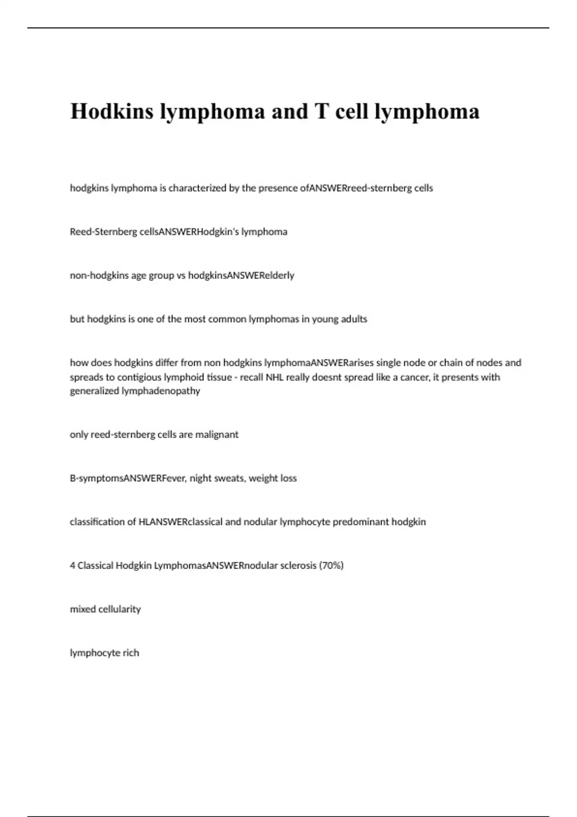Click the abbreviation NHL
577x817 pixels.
275,377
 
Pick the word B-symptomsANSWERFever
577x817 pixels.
128,478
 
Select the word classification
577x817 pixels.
98,522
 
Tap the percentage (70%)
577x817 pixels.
331,566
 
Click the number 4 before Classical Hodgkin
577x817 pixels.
73,566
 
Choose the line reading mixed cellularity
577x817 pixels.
105,609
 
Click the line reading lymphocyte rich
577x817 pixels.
104,653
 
